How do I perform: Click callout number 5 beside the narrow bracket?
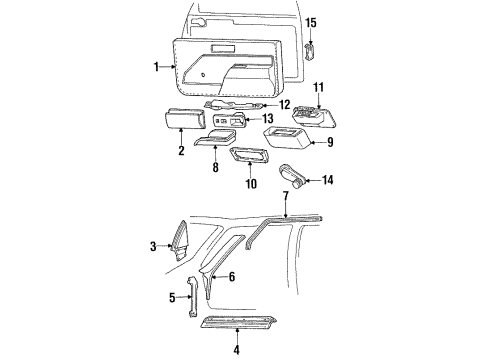[x=173, y=298]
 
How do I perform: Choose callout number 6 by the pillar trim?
[x=232, y=276]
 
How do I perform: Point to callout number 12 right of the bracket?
[x=285, y=104]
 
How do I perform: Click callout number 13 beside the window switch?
[x=282, y=117]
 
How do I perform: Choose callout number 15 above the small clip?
[x=311, y=23]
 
